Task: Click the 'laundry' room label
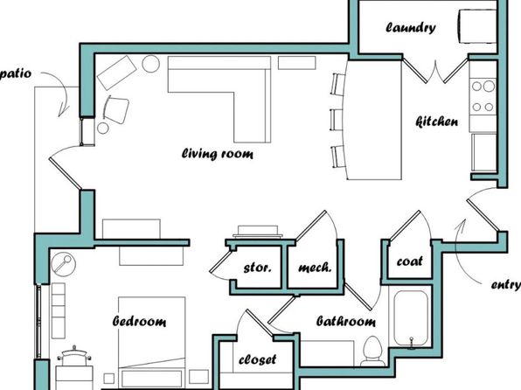(411, 28)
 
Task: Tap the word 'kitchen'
(437, 122)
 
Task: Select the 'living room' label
(218, 154)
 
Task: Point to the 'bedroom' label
(139, 321)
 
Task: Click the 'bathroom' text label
(346, 321)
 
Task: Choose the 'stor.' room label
(258, 268)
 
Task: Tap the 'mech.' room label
(315, 268)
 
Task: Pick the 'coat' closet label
(410, 261)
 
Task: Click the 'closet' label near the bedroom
(258, 359)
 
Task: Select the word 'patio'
(16, 73)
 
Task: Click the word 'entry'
(506, 285)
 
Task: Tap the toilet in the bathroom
(372, 352)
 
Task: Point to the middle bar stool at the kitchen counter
(337, 119)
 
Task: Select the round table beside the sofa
(151, 64)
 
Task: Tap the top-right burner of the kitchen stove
(489, 86)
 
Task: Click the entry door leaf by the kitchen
(483, 215)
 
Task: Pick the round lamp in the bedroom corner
(64, 265)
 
